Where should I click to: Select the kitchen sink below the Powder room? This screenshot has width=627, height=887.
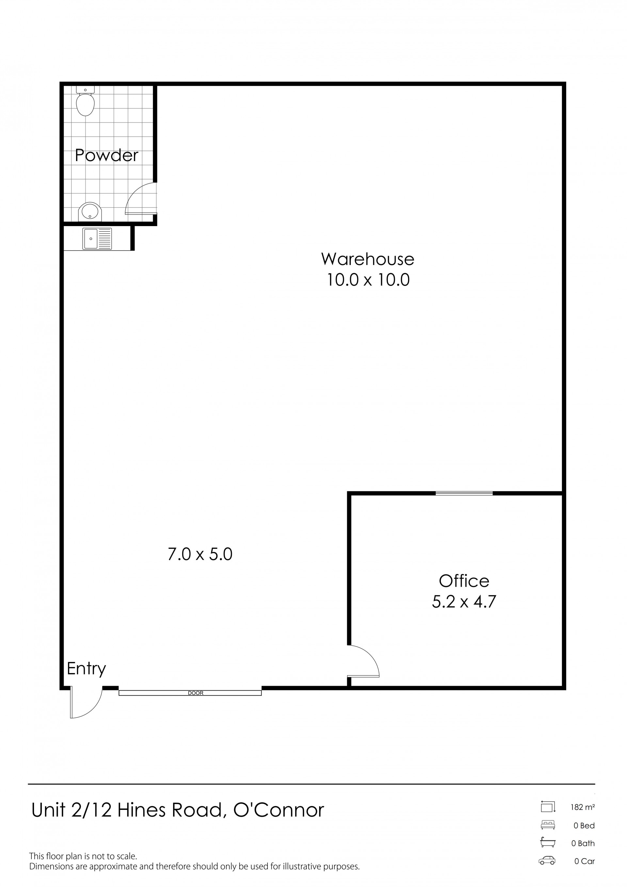pos(97,238)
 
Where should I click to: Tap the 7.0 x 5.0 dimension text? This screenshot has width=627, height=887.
pos(200,554)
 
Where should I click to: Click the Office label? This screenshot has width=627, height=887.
pos(464,581)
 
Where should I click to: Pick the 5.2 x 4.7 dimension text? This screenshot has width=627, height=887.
pos(464,601)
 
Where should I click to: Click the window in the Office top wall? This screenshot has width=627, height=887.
pos(464,493)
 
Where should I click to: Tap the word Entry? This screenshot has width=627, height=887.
pos(86,668)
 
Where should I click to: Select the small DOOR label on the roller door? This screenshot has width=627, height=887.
pos(195,693)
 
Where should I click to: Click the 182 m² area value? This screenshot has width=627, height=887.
pos(583,807)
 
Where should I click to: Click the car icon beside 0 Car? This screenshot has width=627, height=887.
pos(547,860)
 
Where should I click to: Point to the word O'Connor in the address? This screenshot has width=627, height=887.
pos(279,810)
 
